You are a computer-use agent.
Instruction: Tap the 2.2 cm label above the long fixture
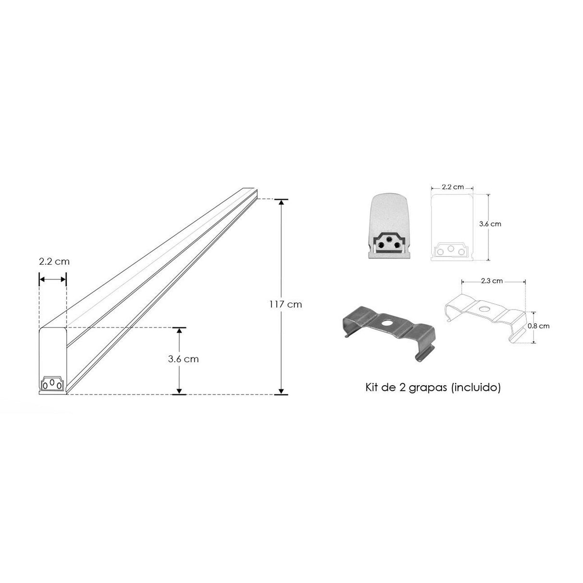(54, 262)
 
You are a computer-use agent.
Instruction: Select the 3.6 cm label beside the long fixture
(183, 359)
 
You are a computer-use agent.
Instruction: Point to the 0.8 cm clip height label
(538, 326)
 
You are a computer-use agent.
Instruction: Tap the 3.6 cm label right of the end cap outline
(490, 224)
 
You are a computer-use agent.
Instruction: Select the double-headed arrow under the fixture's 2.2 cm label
(52, 279)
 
